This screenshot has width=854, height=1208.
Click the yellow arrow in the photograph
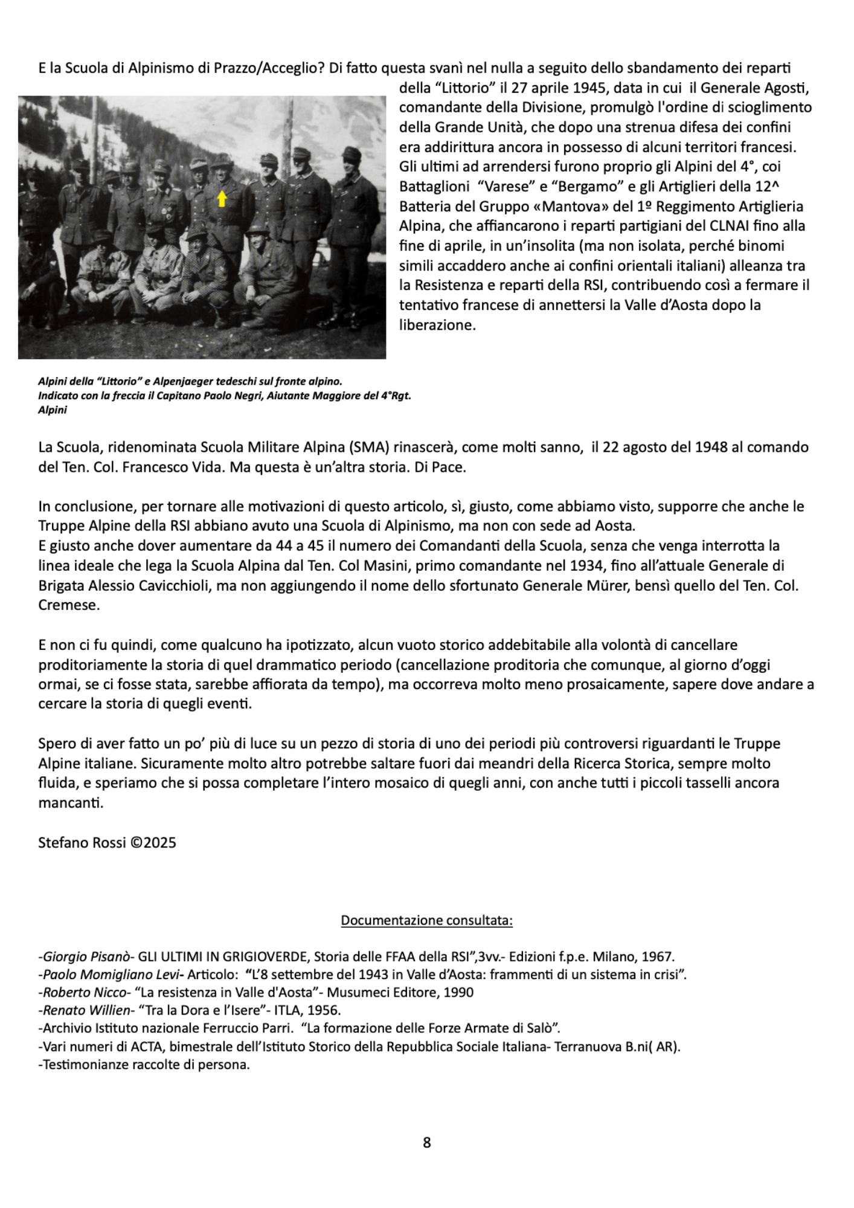tap(222, 198)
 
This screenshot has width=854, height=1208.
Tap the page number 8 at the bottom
tap(427, 1142)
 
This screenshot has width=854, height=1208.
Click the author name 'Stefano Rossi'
tap(81, 842)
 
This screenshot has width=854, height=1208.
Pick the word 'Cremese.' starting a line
tap(68, 605)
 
